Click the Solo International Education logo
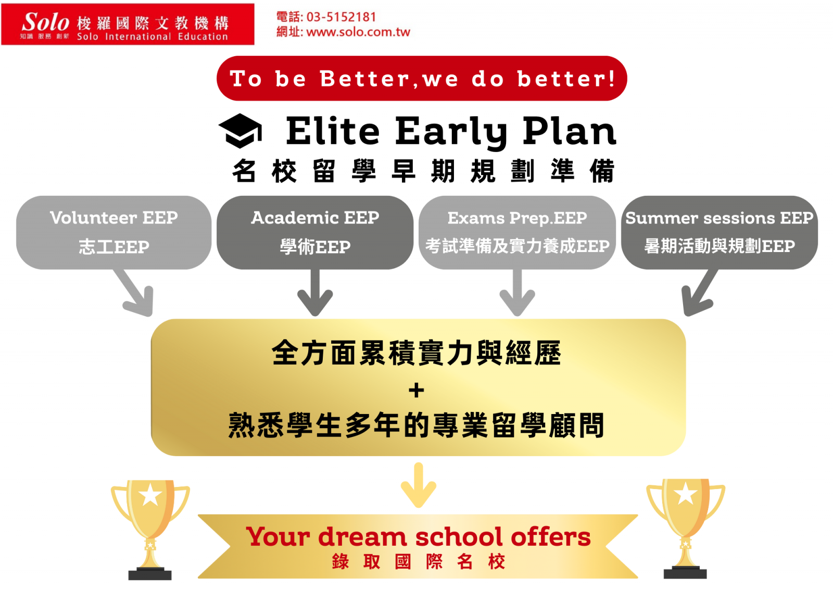tap(128, 24)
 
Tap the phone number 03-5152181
tap(341, 17)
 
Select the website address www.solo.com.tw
tap(358, 32)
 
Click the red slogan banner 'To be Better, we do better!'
tap(422, 79)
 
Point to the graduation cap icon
tap(240, 131)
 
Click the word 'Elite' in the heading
tap(333, 131)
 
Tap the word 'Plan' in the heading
tap(570, 131)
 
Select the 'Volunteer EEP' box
tap(114, 233)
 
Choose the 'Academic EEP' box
tap(315, 233)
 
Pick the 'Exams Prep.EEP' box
tap(517, 233)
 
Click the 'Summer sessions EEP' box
tap(719, 233)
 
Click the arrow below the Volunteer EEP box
tap(135, 293)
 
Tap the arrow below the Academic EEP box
tap(315, 293)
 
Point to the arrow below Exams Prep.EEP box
tap(518, 293)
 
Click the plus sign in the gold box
tap(416, 390)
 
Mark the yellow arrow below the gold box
tap(419, 485)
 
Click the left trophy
tap(150, 530)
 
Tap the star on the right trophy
tap(685, 494)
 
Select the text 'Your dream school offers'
tap(419, 536)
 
